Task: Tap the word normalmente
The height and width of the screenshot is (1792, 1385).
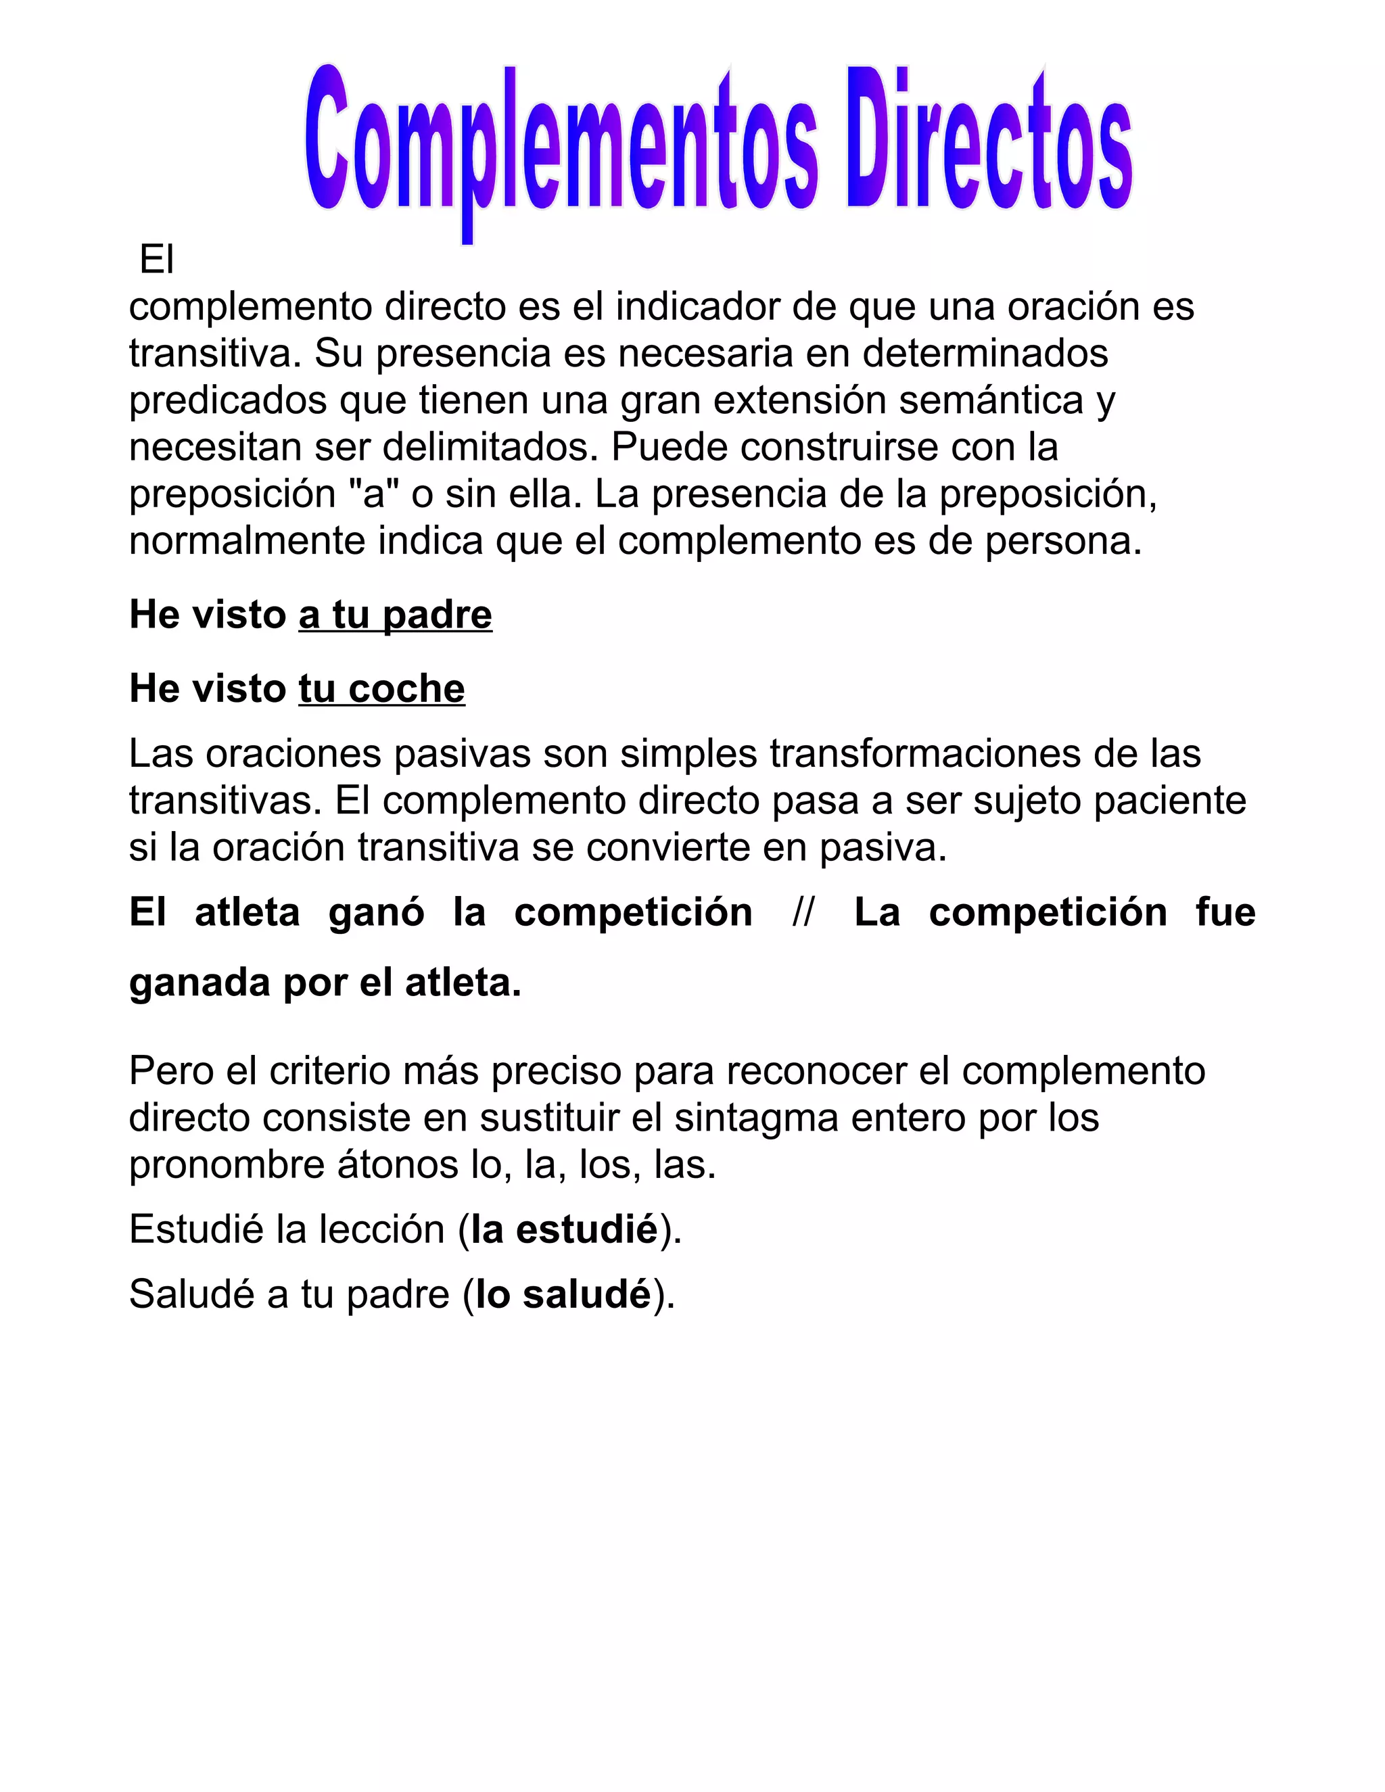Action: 247,542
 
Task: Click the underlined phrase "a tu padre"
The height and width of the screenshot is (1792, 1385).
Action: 395,615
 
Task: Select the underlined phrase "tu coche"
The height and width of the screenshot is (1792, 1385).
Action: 381,688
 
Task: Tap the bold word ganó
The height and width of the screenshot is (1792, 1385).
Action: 377,912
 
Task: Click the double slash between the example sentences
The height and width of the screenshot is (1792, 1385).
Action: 803,912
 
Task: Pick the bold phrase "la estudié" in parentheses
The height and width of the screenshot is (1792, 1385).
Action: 565,1229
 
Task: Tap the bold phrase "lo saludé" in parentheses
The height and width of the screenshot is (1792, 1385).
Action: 564,1294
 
